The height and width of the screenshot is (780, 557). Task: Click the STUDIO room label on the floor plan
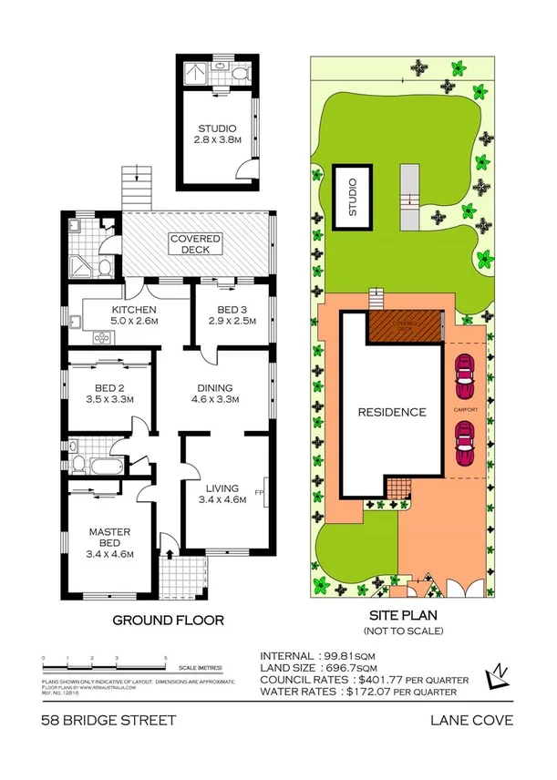point(215,128)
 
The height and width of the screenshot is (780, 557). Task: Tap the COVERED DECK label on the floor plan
point(196,243)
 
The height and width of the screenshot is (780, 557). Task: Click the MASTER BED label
point(110,537)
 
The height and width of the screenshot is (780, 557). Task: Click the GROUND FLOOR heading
point(168,621)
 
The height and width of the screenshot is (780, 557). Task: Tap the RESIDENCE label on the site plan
point(391,412)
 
